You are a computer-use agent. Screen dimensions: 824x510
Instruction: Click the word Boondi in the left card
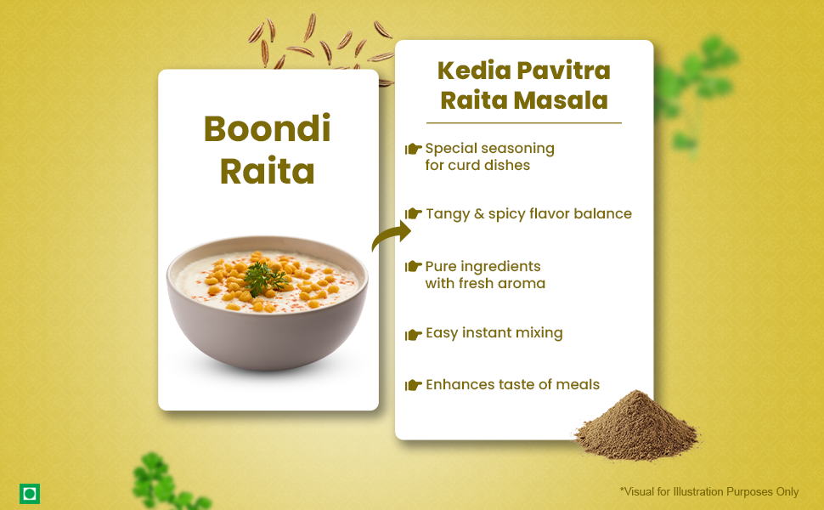click(267, 128)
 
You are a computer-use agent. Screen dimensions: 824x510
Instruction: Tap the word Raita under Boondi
click(267, 171)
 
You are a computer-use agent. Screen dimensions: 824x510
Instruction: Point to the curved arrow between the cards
click(392, 235)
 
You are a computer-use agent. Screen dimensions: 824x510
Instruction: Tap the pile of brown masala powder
click(637, 426)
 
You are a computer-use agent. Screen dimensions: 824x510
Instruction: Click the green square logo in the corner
click(30, 494)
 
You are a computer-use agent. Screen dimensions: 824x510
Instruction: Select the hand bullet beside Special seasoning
click(413, 150)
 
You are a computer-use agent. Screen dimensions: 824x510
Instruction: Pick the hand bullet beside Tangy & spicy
click(413, 213)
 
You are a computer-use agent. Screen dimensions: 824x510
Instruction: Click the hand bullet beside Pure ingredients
click(413, 267)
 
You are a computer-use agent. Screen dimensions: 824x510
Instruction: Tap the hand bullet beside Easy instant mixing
click(413, 334)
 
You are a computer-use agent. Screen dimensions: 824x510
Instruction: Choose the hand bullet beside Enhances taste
click(413, 385)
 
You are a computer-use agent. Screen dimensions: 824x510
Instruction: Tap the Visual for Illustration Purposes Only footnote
click(709, 491)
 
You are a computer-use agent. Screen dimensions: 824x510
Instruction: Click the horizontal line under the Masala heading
click(524, 123)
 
